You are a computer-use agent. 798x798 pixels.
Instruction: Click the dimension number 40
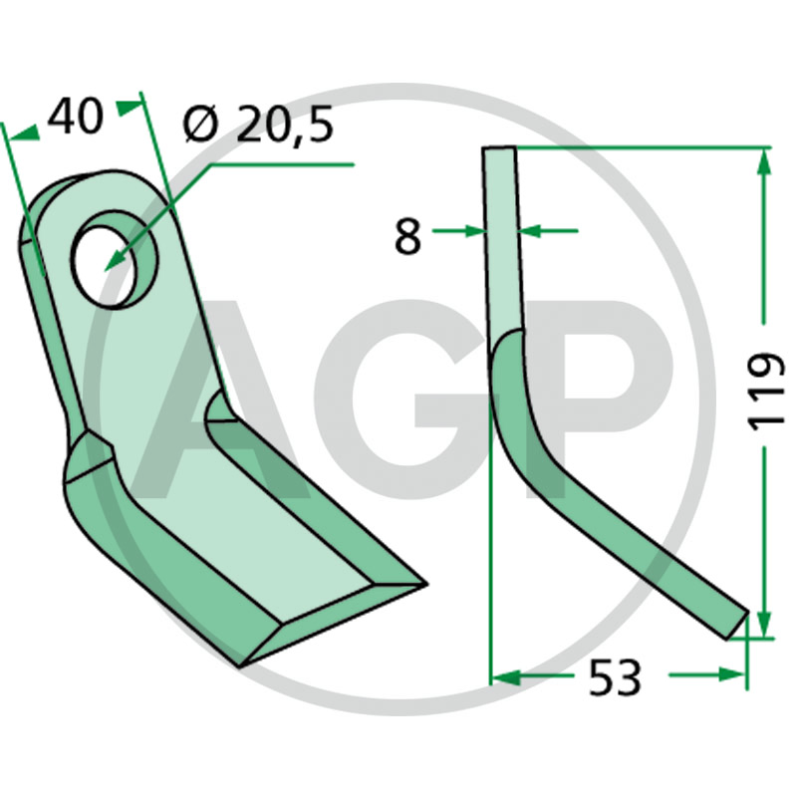point(76,117)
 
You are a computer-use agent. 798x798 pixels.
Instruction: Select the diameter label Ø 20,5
point(259,124)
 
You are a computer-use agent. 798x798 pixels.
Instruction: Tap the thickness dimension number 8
point(408,237)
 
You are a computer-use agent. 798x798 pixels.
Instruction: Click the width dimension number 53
point(615,677)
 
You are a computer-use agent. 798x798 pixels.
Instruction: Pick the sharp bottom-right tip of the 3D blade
point(425,584)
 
